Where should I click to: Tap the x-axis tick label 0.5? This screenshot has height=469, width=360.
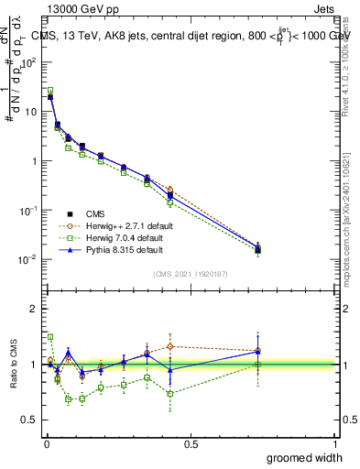tap(191, 444)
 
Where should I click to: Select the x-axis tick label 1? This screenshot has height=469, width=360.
tap(334, 444)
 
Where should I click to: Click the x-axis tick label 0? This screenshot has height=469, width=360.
tap(47, 444)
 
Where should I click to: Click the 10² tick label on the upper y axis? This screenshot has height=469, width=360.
tap(29, 62)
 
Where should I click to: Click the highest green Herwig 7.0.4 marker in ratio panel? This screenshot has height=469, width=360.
tap(50, 337)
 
